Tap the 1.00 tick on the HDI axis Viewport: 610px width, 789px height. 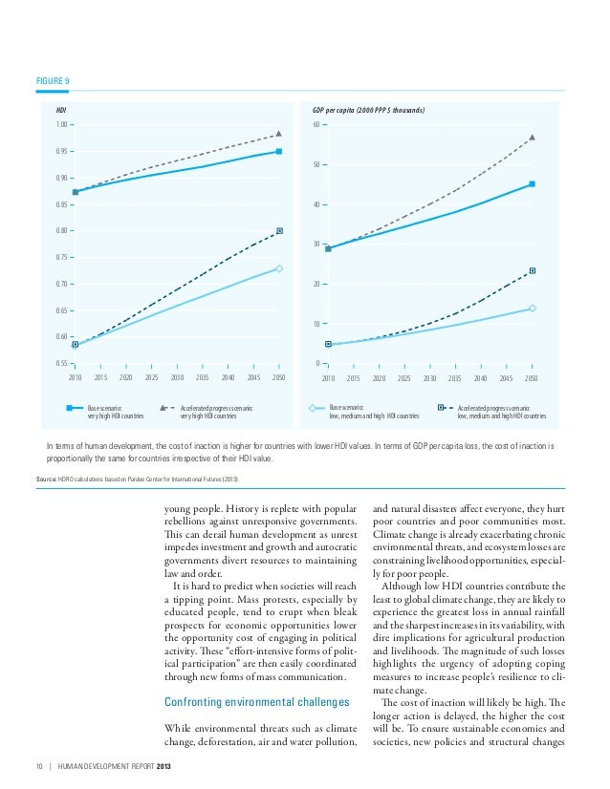pyautogui.click(x=62, y=125)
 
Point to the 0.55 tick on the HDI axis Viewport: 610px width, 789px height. pyautogui.click(x=62, y=363)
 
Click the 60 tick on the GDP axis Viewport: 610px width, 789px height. pyautogui.click(x=317, y=125)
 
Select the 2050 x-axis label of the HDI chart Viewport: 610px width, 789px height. pyautogui.click(x=278, y=378)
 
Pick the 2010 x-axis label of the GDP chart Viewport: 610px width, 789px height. pyautogui.click(x=328, y=378)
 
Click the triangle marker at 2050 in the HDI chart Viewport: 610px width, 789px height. pyautogui.click(x=278, y=134)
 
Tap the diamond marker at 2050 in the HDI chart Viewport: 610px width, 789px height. pyautogui.click(x=279, y=268)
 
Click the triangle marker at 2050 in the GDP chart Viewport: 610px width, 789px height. pyautogui.click(x=532, y=138)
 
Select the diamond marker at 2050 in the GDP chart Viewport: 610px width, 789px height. pyautogui.click(x=532, y=308)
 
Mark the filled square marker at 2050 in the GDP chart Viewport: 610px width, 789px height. pyautogui.click(x=532, y=183)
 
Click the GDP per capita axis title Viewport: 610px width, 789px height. pyautogui.click(x=369, y=110)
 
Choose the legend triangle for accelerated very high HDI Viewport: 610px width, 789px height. pyautogui.click(x=164, y=407)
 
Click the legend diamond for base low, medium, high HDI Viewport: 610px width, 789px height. pyautogui.click(x=313, y=407)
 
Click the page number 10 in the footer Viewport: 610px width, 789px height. pyautogui.click(x=27, y=767)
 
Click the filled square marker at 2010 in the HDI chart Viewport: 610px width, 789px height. pyautogui.click(x=75, y=192)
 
